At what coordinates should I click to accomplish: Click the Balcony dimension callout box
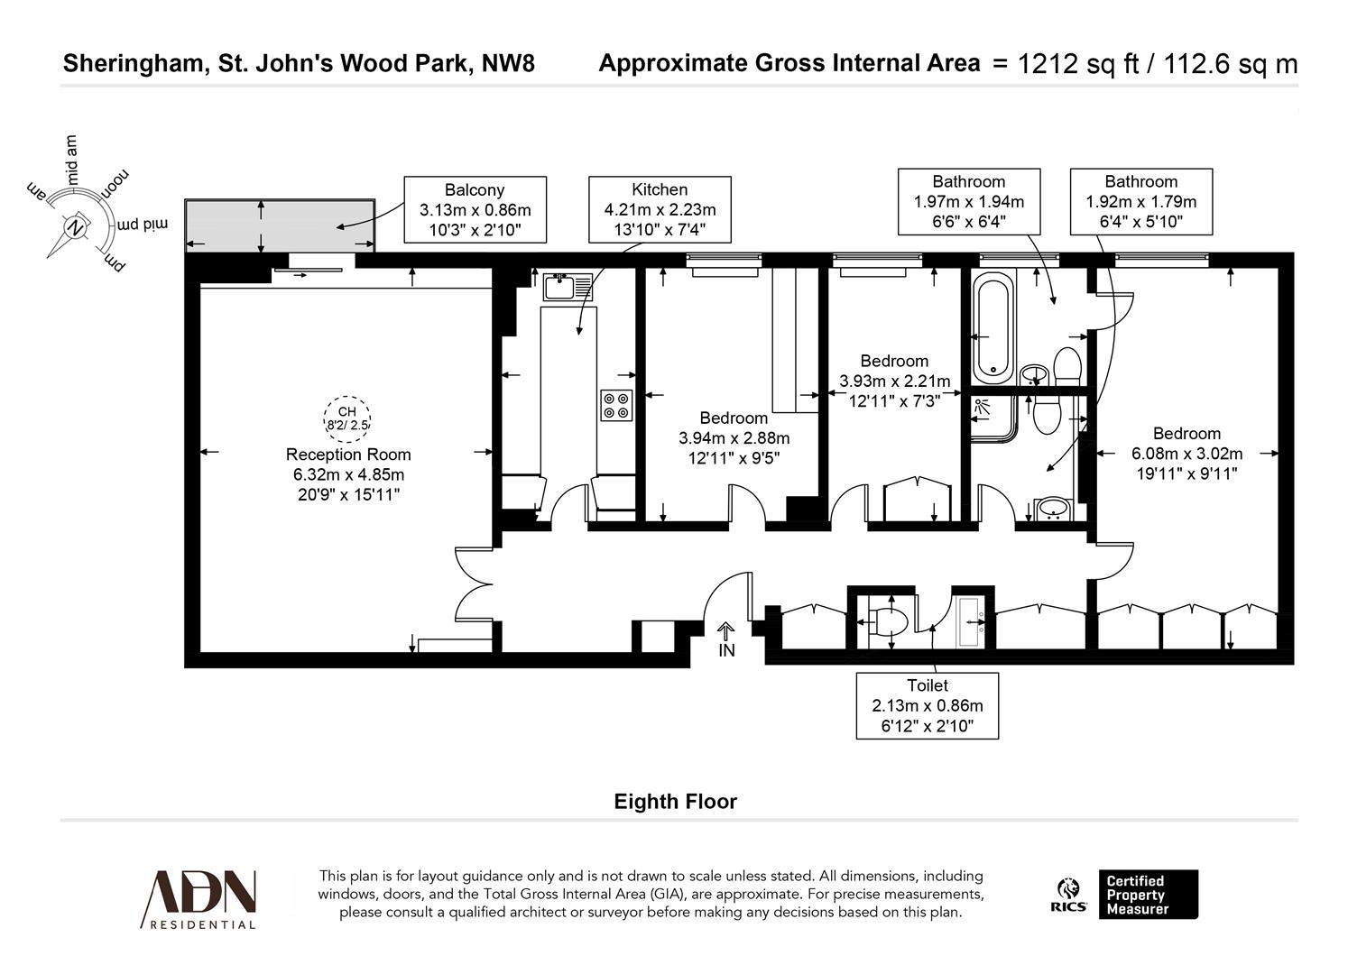475,210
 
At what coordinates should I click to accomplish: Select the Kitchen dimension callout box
660,210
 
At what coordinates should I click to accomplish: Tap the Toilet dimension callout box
927,705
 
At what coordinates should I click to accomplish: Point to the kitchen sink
568,287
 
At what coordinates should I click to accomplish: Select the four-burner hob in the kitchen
617,405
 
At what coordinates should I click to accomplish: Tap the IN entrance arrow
726,639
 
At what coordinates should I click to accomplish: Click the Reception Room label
348,455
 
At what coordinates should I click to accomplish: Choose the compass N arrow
76,226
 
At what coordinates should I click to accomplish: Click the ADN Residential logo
199,898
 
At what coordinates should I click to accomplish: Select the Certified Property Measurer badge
1148,894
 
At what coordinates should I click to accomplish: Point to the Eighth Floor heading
675,802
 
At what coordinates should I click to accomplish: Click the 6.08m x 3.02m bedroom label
1186,454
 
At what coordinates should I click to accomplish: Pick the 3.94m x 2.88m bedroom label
734,438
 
